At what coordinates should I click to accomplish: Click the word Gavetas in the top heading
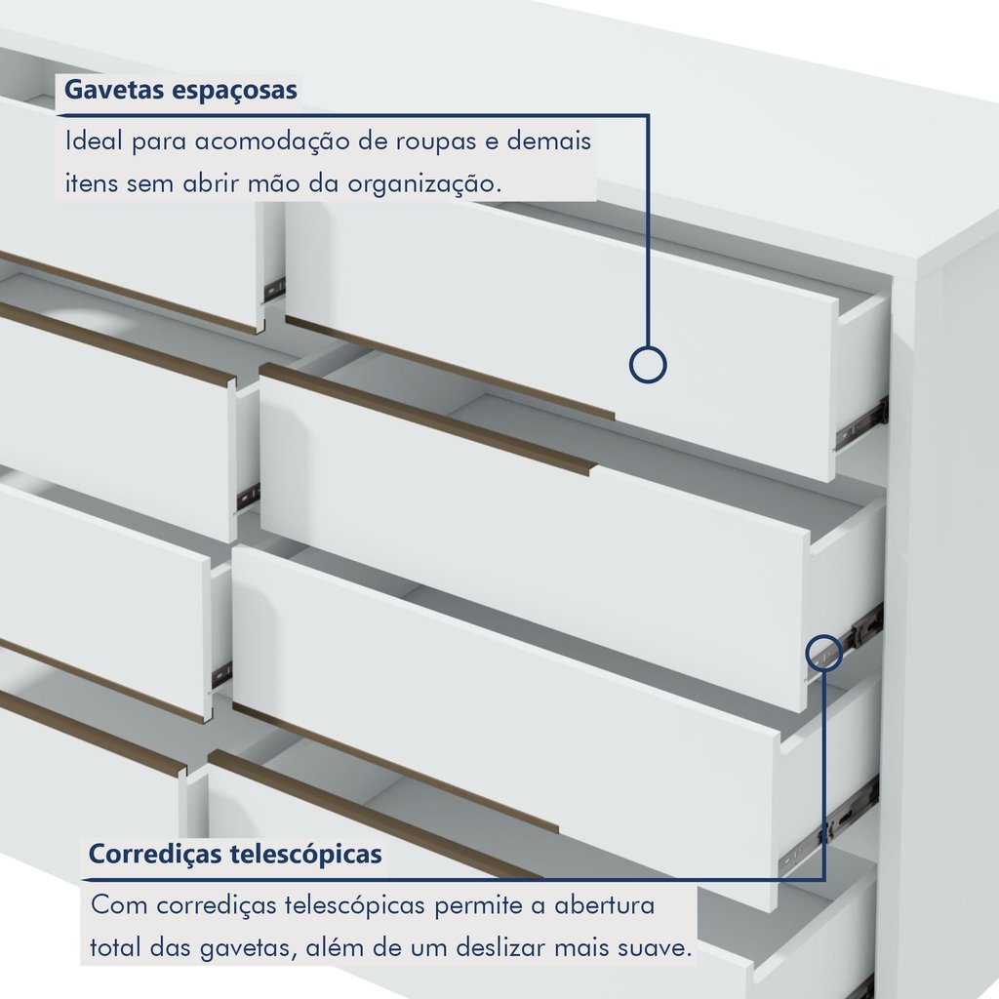(113, 89)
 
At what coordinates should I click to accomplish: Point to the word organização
(423, 184)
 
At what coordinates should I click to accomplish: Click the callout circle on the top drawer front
(648, 365)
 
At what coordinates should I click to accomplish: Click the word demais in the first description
(549, 140)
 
